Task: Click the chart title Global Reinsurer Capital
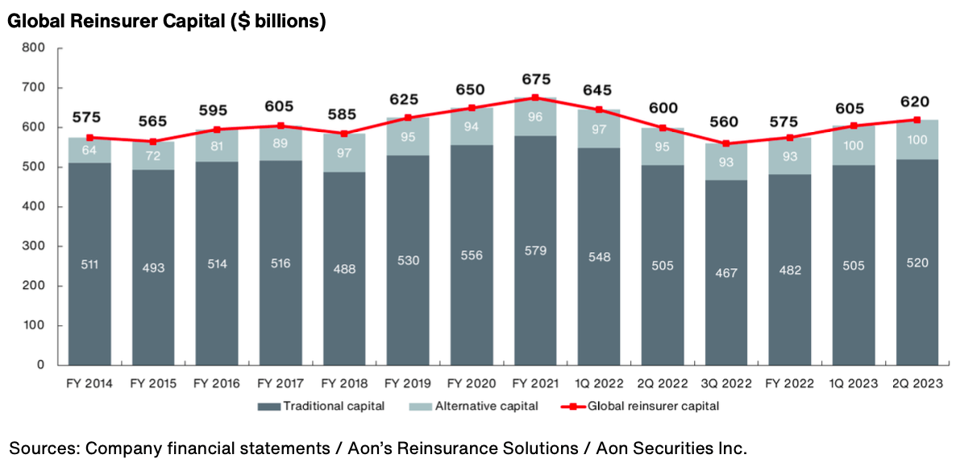(166, 22)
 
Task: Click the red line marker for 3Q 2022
(726, 143)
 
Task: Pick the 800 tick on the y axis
(33, 48)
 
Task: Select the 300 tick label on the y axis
(33, 246)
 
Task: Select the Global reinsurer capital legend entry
(650, 407)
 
